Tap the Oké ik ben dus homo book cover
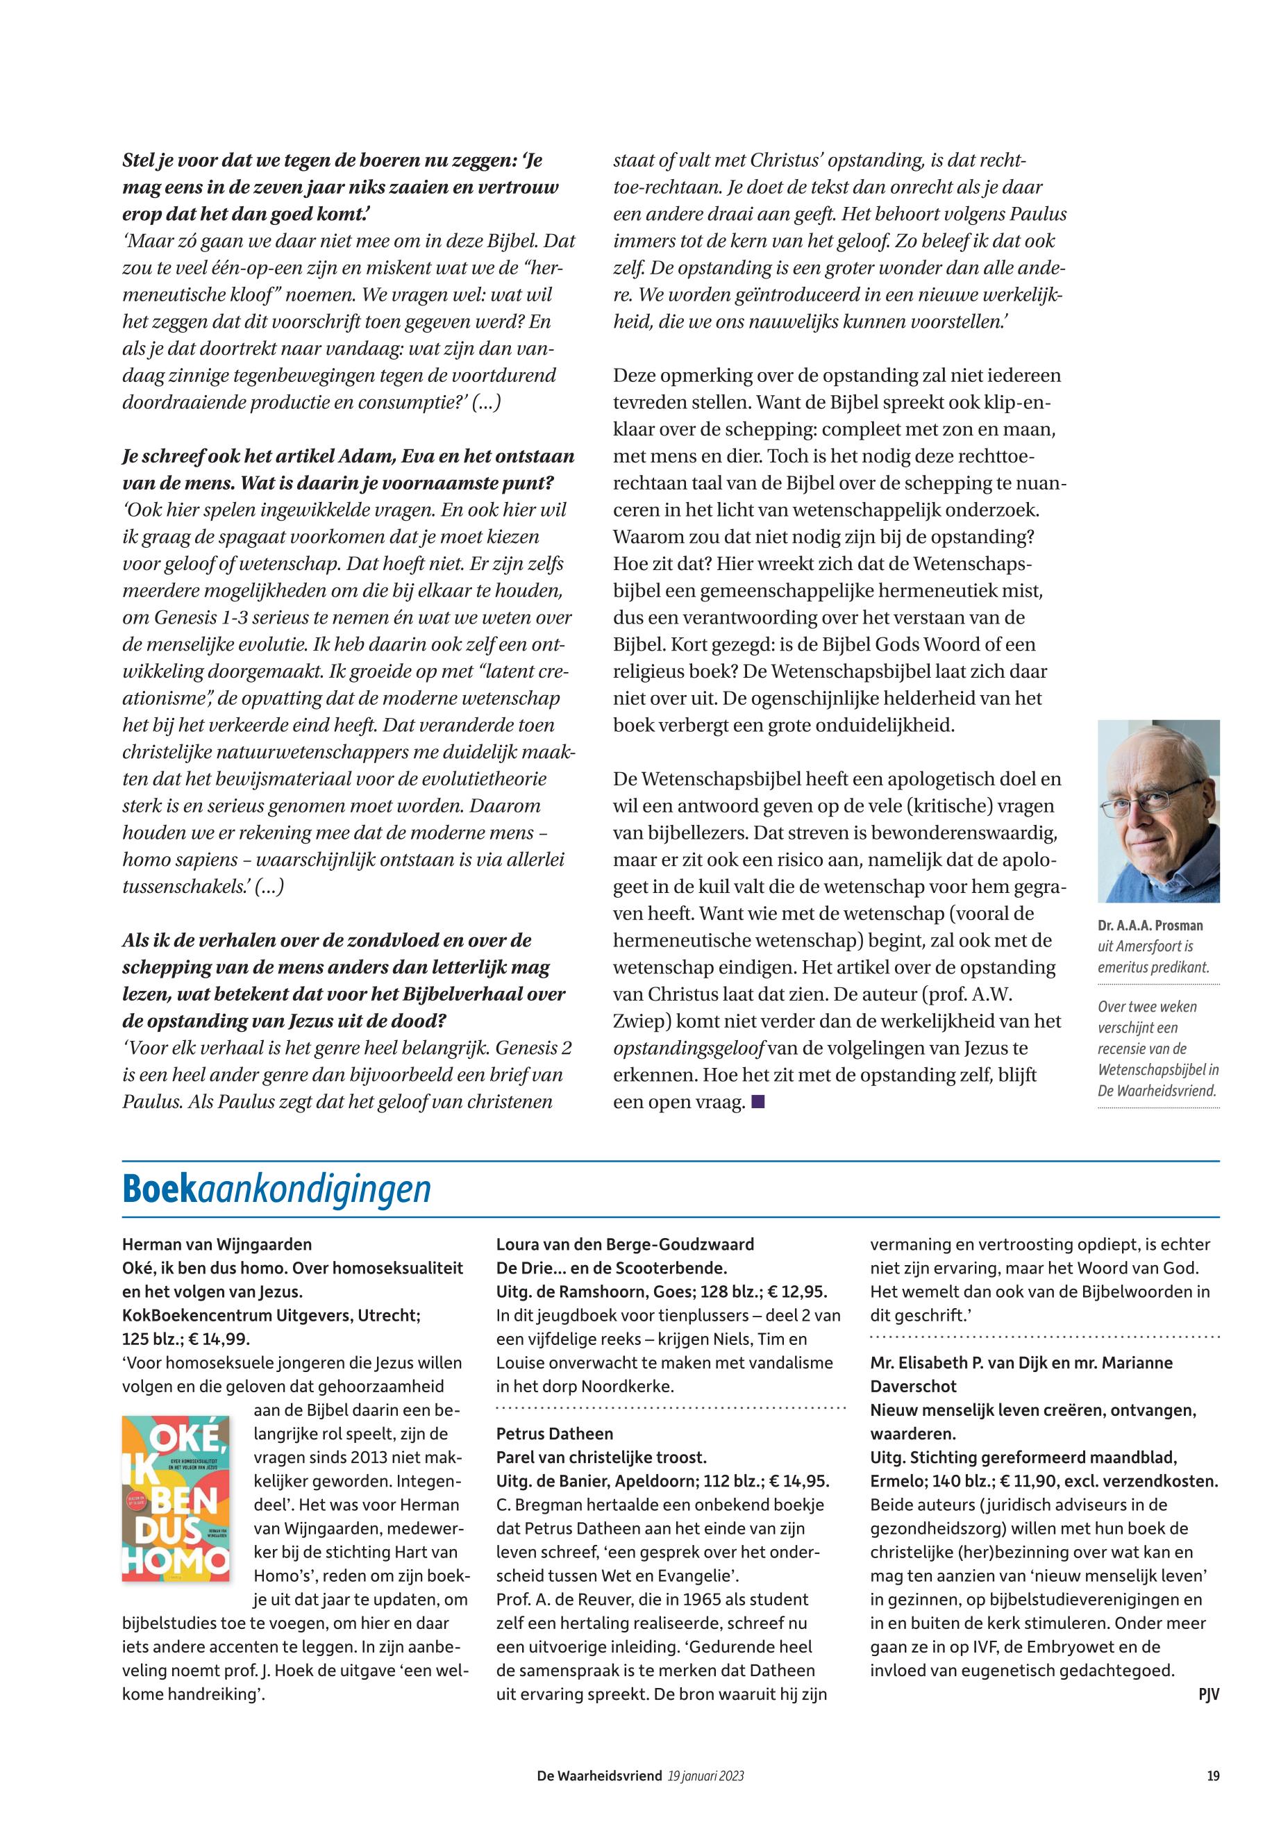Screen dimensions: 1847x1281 pyautogui.click(x=176, y=1498)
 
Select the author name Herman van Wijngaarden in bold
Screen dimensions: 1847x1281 pyautogui.click(x=217, y=1245)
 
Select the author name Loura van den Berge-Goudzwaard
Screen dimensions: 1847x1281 pyautogui.click(x=626, y=1245)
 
